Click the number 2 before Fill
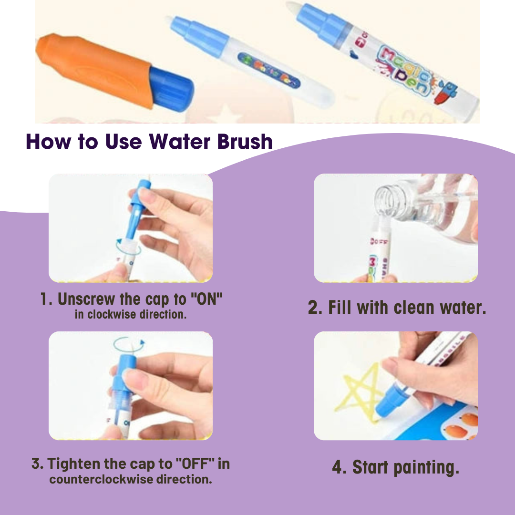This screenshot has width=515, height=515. click(315, 308)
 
